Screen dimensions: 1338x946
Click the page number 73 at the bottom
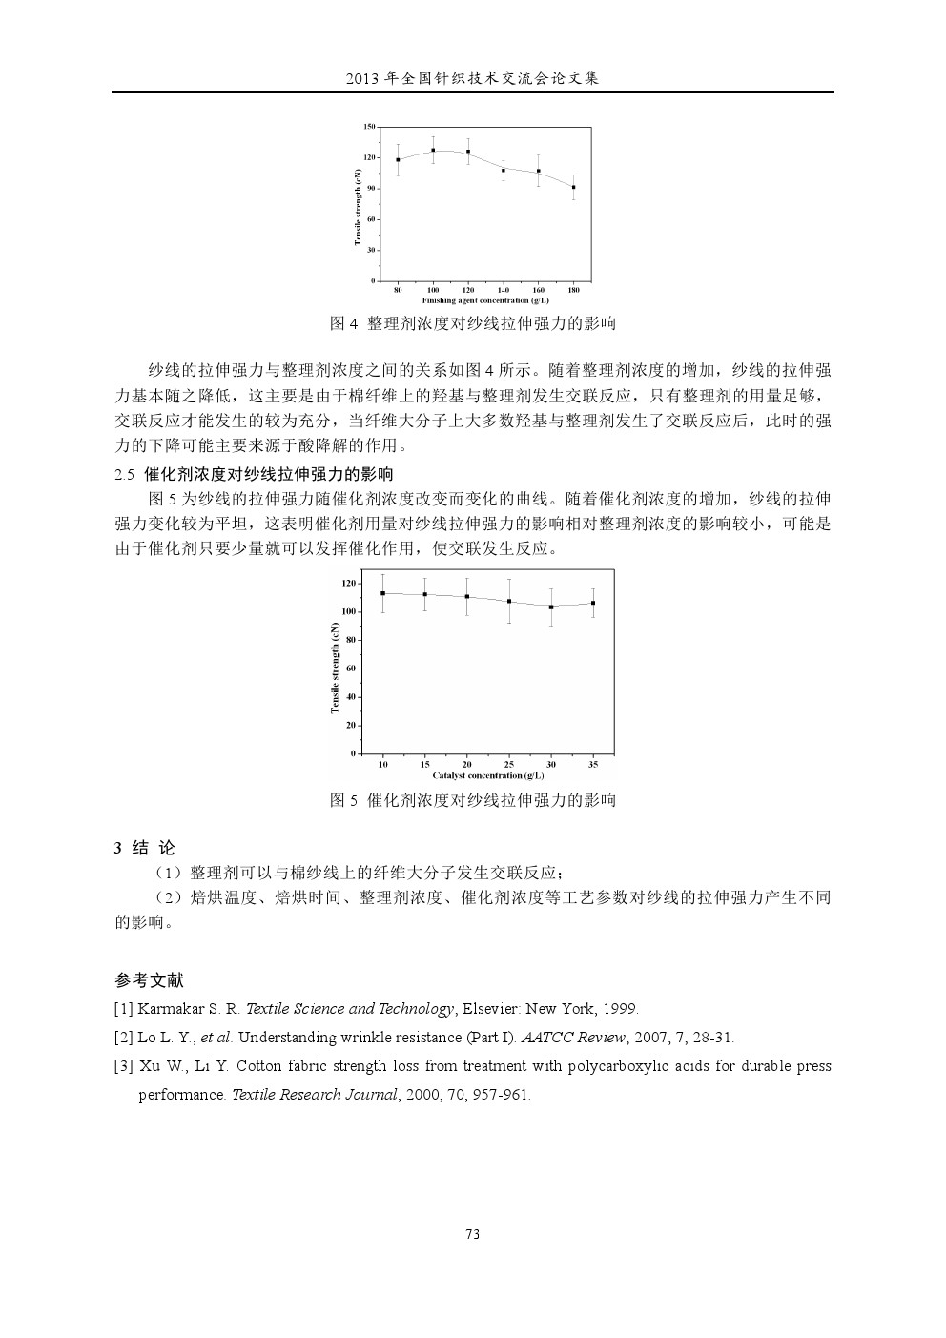[x=472, y=1234]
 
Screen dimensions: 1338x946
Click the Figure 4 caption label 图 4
[x=342, y=323]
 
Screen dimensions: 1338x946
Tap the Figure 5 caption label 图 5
[x=342, y=800]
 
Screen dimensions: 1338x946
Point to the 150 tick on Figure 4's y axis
[x=369, y=127]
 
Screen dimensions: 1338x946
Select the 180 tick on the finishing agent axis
[x=573, y=289]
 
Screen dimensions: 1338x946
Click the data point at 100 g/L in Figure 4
[x=433, y=150]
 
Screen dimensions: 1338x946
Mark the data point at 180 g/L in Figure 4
[x=573, y=187]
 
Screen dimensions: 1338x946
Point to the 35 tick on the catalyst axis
[x=593, y=765]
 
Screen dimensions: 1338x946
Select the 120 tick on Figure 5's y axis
[x=348, y=583]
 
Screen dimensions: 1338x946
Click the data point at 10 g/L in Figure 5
[x=382, y=593]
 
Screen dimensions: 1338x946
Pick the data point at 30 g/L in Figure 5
[x=551, y=607]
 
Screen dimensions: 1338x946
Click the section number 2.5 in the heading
[x=125, y=474]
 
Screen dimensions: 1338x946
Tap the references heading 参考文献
[x=149, y=980]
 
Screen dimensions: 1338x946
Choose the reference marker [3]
[x=123, y=1066]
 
